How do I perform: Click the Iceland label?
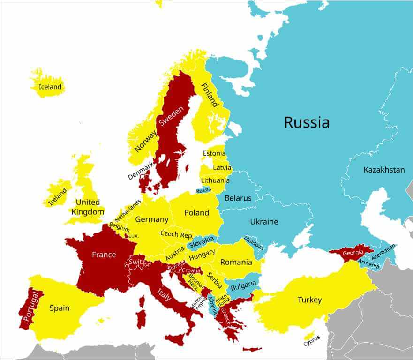(50, 87)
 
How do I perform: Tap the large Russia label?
(307, 122)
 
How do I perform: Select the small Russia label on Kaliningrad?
(203, 190)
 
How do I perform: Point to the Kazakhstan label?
(384, 170)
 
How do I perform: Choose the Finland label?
(210, 95)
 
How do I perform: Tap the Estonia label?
(214, 153)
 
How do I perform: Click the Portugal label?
(30, 306)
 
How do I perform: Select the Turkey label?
(309, 300)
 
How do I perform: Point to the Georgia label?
(353, 253)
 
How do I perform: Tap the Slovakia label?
(202, 242)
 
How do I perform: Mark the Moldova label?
(253, 243)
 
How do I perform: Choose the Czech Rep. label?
(177, 234)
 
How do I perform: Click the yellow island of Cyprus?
(309, 336)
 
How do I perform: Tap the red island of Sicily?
(174, 340)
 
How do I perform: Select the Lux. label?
(134, 236)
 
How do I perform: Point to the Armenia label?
(369, 265)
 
